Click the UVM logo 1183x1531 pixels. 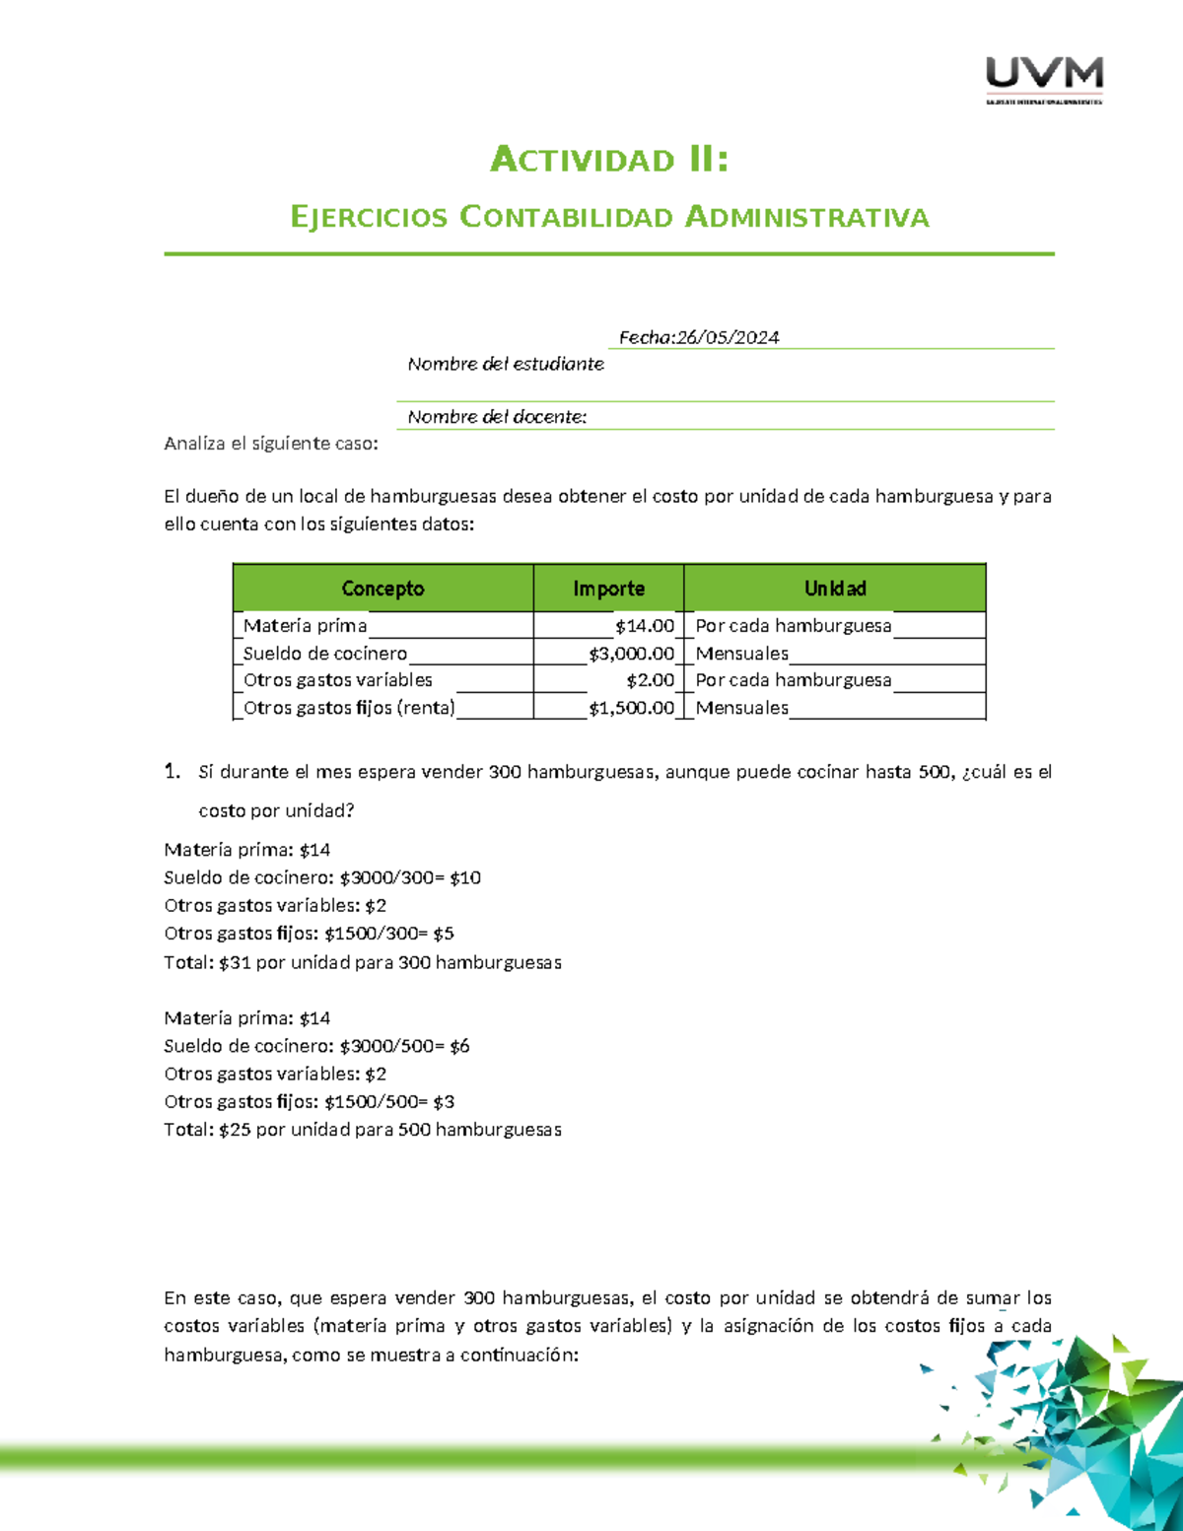1044,79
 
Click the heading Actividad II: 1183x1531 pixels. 609,160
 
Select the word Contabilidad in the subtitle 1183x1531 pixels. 566,217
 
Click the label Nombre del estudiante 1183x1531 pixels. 506,364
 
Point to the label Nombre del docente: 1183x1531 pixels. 497,417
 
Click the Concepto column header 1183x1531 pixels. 383,589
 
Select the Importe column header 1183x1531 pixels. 608,589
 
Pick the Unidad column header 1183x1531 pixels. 834,589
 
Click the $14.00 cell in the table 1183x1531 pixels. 645,626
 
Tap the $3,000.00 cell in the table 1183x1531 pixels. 632,654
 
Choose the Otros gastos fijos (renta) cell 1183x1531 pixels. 349,708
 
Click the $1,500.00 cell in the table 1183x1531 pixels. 632,708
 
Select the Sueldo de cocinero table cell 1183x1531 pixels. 325,654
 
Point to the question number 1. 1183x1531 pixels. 172,772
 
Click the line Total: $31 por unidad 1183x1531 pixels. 362,962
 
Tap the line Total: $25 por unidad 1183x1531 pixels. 362,1130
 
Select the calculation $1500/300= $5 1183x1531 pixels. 389,934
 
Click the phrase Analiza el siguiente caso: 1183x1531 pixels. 271,444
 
